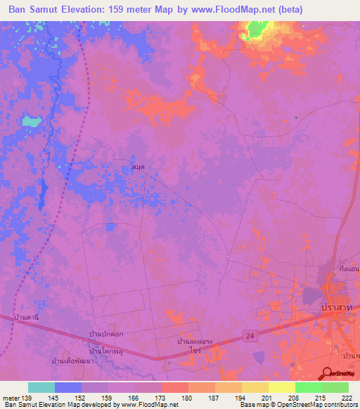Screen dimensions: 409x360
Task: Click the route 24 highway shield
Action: pyautogui.click(x=251, y=337)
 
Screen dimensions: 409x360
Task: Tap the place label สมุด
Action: pyautogui.click(x=139, y=168)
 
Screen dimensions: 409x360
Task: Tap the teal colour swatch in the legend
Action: pyautogui.click(x=41, y=387)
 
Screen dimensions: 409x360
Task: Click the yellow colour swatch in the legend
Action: pyautogui.click(x=255, y=387)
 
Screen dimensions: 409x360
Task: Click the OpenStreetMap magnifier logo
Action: pyautogui.click(x=328, y=375)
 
